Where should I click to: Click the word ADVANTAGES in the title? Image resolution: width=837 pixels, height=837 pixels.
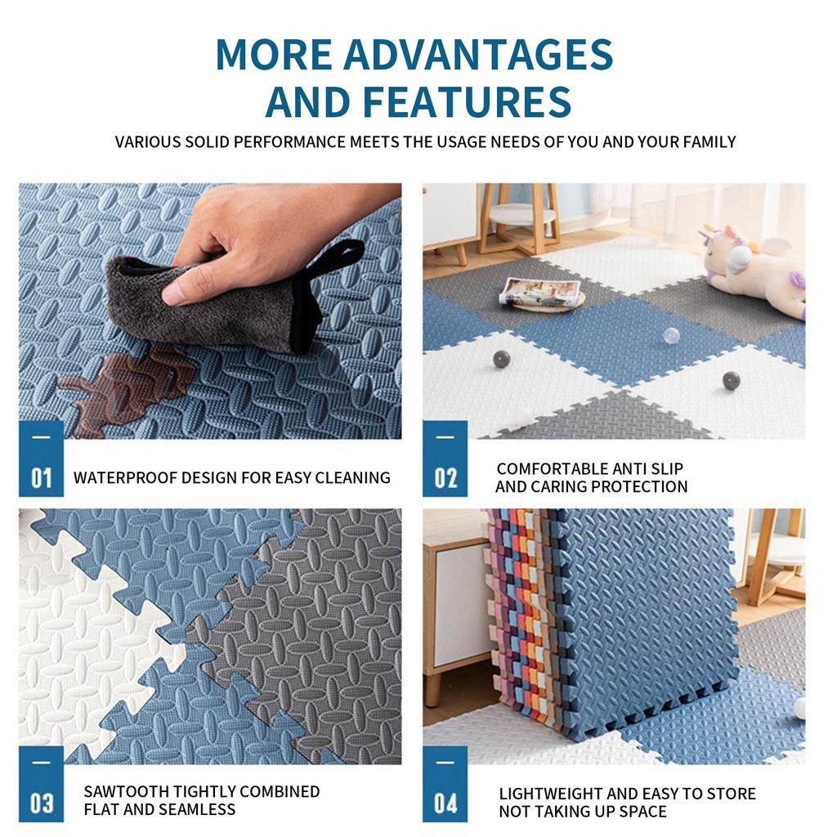477,55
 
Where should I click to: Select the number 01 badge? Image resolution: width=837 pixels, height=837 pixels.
41,459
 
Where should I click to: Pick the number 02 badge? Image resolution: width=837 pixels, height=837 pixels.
445,459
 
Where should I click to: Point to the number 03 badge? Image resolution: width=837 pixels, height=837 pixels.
41,784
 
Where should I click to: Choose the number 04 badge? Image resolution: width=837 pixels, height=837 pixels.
445,784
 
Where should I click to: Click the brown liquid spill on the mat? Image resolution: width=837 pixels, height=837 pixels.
125,386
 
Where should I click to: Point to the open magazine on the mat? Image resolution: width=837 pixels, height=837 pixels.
542,293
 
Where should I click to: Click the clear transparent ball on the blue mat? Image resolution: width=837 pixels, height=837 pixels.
671,336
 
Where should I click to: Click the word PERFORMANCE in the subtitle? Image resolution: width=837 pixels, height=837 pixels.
290,142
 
